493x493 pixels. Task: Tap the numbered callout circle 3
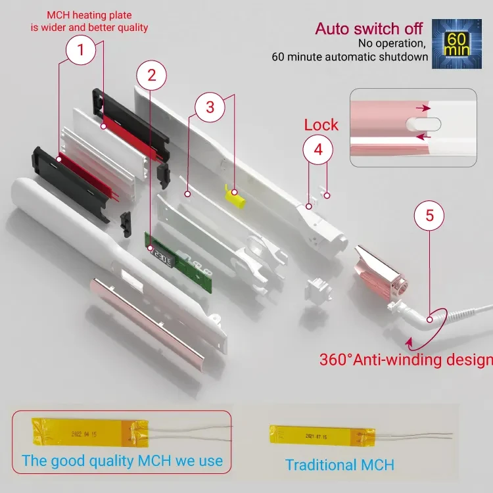click(210, 107)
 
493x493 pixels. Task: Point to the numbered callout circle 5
click(429, 215)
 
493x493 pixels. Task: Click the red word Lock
click(321, 125)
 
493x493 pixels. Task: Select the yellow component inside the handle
click(233, 195)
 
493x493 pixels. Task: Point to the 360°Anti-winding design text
click(406, 360)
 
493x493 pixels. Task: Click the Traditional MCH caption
click(339, 465)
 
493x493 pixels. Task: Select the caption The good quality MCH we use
click(122, 460)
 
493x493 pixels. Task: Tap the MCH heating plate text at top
click(97, 22)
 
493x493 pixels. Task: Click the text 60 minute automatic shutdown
click(350, 57)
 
